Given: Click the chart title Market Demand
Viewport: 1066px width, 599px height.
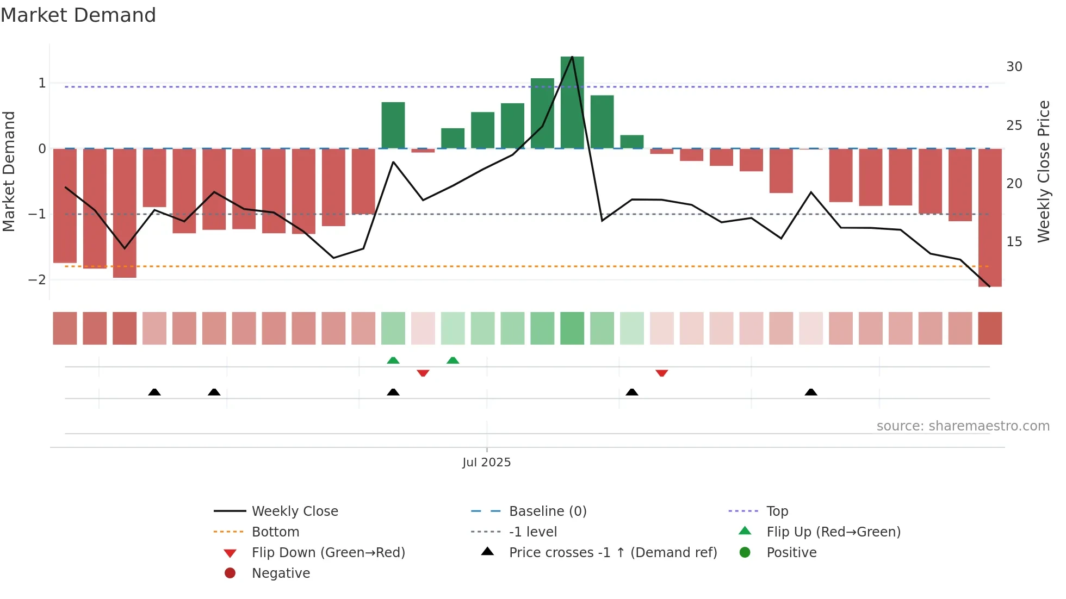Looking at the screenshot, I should [x=78, y=15].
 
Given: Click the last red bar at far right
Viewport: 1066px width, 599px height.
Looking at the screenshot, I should [x=990, y=217].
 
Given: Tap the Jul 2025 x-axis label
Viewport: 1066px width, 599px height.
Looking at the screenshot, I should [x=486, y=462].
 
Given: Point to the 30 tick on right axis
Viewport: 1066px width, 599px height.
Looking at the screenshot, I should [x=1014, y=67].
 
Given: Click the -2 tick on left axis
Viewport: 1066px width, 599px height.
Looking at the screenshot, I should [x=38, y=280].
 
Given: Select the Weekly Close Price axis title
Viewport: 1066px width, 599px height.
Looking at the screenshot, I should [x=1043, y=171].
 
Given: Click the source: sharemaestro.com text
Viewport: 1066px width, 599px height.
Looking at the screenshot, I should [x=963, y=426].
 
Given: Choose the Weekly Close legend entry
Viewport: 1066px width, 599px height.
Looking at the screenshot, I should [x=294, y=511].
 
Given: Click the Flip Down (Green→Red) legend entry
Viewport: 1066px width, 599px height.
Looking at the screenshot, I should [x=328, y=552].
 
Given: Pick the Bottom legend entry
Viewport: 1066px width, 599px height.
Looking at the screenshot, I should [x=275, y=532].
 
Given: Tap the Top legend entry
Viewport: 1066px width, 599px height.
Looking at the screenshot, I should [x=777, y=511].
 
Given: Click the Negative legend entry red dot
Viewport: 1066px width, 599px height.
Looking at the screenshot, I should [x=230, y=573].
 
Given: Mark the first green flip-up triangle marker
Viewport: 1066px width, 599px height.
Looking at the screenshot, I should [x=393, y=360].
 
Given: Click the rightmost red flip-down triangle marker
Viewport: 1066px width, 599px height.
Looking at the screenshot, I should [x=661, y=373].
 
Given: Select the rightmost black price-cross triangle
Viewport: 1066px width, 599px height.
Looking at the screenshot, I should [x=811, y=392].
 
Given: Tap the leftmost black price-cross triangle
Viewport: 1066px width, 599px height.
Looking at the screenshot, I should [x=154, y=392].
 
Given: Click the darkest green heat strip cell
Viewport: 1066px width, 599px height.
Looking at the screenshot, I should [x=572, y=328].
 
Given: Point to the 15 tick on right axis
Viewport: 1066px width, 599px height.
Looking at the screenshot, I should [x=1014, y=242].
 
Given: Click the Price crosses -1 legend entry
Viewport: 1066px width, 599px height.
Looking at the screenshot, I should [x=612, y=552].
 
